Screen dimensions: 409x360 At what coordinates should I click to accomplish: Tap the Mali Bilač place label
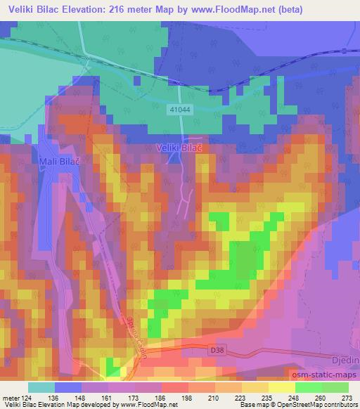point(50,161)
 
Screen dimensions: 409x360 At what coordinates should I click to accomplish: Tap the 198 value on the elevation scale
point(186,397)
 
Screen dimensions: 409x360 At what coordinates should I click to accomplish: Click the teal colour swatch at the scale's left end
point(41,387)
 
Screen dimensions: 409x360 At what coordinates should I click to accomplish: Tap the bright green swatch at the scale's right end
point(335,387)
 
